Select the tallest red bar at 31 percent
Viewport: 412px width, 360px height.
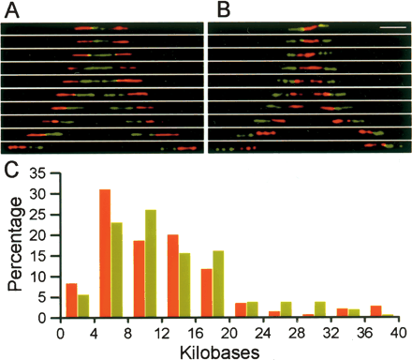point(105,254)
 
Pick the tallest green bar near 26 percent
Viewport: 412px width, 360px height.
point(150,264)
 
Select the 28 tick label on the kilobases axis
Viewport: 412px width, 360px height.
point(298,331)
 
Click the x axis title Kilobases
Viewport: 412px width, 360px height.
point(229,350)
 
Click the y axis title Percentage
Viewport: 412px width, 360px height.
point(13,247)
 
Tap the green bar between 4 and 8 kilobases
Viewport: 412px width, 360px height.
point(116,271)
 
